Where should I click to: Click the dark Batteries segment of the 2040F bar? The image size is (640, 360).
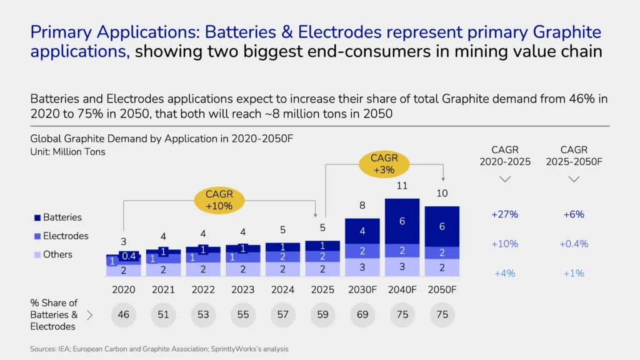pyautogui.click(x=402, y=221)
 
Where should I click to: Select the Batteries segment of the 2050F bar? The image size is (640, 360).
pyautogui.click(x=442, y=226)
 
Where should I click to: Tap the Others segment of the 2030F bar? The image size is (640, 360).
pyautogui.click(x=362, y=267)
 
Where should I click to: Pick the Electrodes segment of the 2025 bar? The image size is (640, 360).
pyautogui.click(x=322, y=256)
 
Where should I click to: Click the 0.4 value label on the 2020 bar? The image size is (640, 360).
pyautogui.click(x=129, y=256)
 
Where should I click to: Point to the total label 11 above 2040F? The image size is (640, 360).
pyautogui.click(x=402, y=186)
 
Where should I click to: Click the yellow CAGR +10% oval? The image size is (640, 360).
pyautogui.click(x=219, y=200)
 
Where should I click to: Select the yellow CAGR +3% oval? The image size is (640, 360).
pyautogui.click(x=384, y=164)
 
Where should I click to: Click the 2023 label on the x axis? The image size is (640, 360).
pyautogui.click(x=242, y=289)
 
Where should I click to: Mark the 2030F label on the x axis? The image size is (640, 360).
pyautogui.click(x=362, y=289)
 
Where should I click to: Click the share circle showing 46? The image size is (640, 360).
pyautogui.click(x=123, y=314)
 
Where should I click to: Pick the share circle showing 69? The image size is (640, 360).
pyautogui.click(x=362, y=314)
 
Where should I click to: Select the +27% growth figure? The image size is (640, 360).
pyautogui.click(x=505, y=214)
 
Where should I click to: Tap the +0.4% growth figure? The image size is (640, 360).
pyautogui.click(x=574, y=244)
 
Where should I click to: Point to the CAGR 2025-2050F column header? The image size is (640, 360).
pyautogui.click(x=574, y=156)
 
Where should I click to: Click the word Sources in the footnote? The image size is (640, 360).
pyautogui.click(x=42, y=349)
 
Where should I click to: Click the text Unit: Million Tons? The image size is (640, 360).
pyautogui.click(x=68, y=152)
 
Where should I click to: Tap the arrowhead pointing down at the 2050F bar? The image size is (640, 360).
pyautogui.click(x=442, y=178)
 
